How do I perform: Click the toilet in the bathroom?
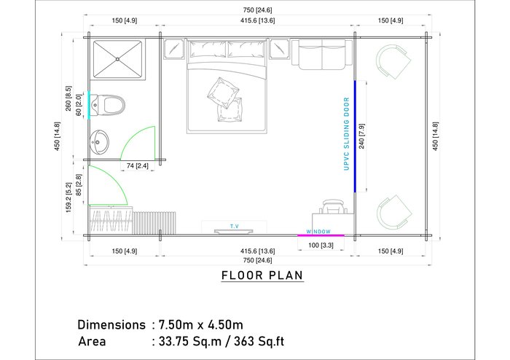[107, 105]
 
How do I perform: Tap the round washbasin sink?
[99, 142]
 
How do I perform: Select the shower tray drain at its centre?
[117, 59]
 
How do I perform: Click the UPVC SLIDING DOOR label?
[346, 133]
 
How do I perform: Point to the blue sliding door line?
[355, 136]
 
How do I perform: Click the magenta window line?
[321, 235]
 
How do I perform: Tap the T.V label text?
[235, 227]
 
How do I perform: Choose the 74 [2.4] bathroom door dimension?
[137, 166]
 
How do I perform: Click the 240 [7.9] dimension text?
[361, 136]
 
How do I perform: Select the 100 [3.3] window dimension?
[321, 245]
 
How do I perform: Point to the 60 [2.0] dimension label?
[79, 105]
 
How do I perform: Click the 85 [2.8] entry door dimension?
[79, 185]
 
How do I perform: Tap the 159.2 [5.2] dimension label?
[68, 197]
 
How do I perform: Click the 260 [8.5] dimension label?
[68, 98]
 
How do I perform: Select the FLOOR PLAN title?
[262, 275]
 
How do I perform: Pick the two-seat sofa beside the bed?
[322, 55]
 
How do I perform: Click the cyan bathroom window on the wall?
[88, 105]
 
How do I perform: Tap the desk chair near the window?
[333, 207]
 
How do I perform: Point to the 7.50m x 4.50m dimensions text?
[200, 324]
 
